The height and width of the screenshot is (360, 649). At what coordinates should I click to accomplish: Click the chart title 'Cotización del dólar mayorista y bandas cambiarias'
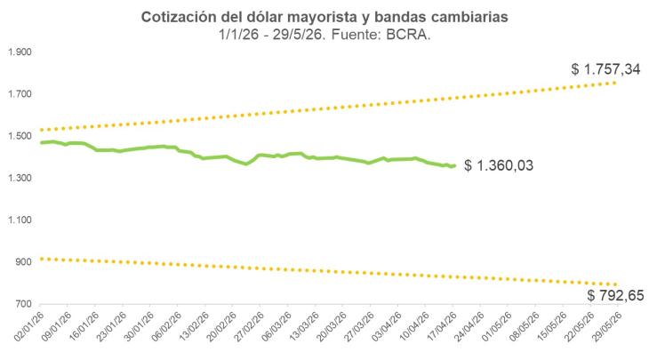(x=324, y=17)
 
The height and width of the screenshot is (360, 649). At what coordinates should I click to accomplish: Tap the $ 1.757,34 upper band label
(x=606, y=68)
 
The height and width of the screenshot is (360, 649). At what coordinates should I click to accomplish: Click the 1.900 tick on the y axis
(x=19, y=52)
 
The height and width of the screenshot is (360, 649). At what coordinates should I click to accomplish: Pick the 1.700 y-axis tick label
(x=19, y=94)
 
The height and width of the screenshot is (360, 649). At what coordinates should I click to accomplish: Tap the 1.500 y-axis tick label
(x=19, y=136)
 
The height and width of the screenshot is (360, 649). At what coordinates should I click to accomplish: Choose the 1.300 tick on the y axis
(x=19, y=178)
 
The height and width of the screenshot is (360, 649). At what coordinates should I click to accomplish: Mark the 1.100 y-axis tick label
(x=19, y=220)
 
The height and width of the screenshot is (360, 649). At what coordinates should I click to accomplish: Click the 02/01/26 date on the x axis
(x=29, y=330)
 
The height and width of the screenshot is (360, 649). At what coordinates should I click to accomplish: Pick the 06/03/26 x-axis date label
(x=276, y=330)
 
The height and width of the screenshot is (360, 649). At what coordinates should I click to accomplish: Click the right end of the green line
(x=454, y=165)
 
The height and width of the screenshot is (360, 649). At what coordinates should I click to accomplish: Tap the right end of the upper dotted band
(x=615, y=83)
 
